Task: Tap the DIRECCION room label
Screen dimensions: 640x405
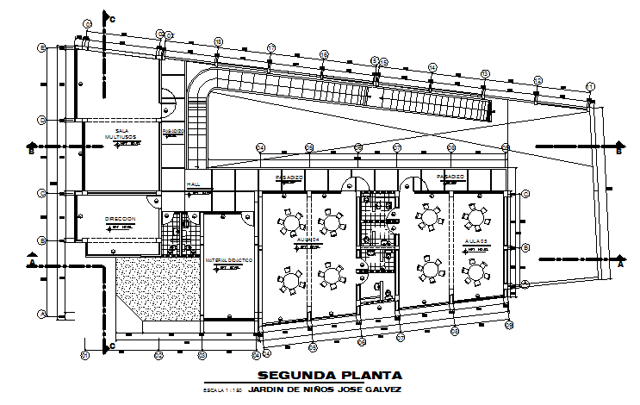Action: click(x=120, y=220)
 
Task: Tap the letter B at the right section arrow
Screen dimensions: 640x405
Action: click(x=620, y=153)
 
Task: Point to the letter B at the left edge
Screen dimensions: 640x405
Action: click(x=30, y=153)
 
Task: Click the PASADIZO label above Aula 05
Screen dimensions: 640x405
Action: click(x=450, y=177)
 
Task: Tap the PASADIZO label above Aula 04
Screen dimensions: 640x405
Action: click(x=289, y=177)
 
